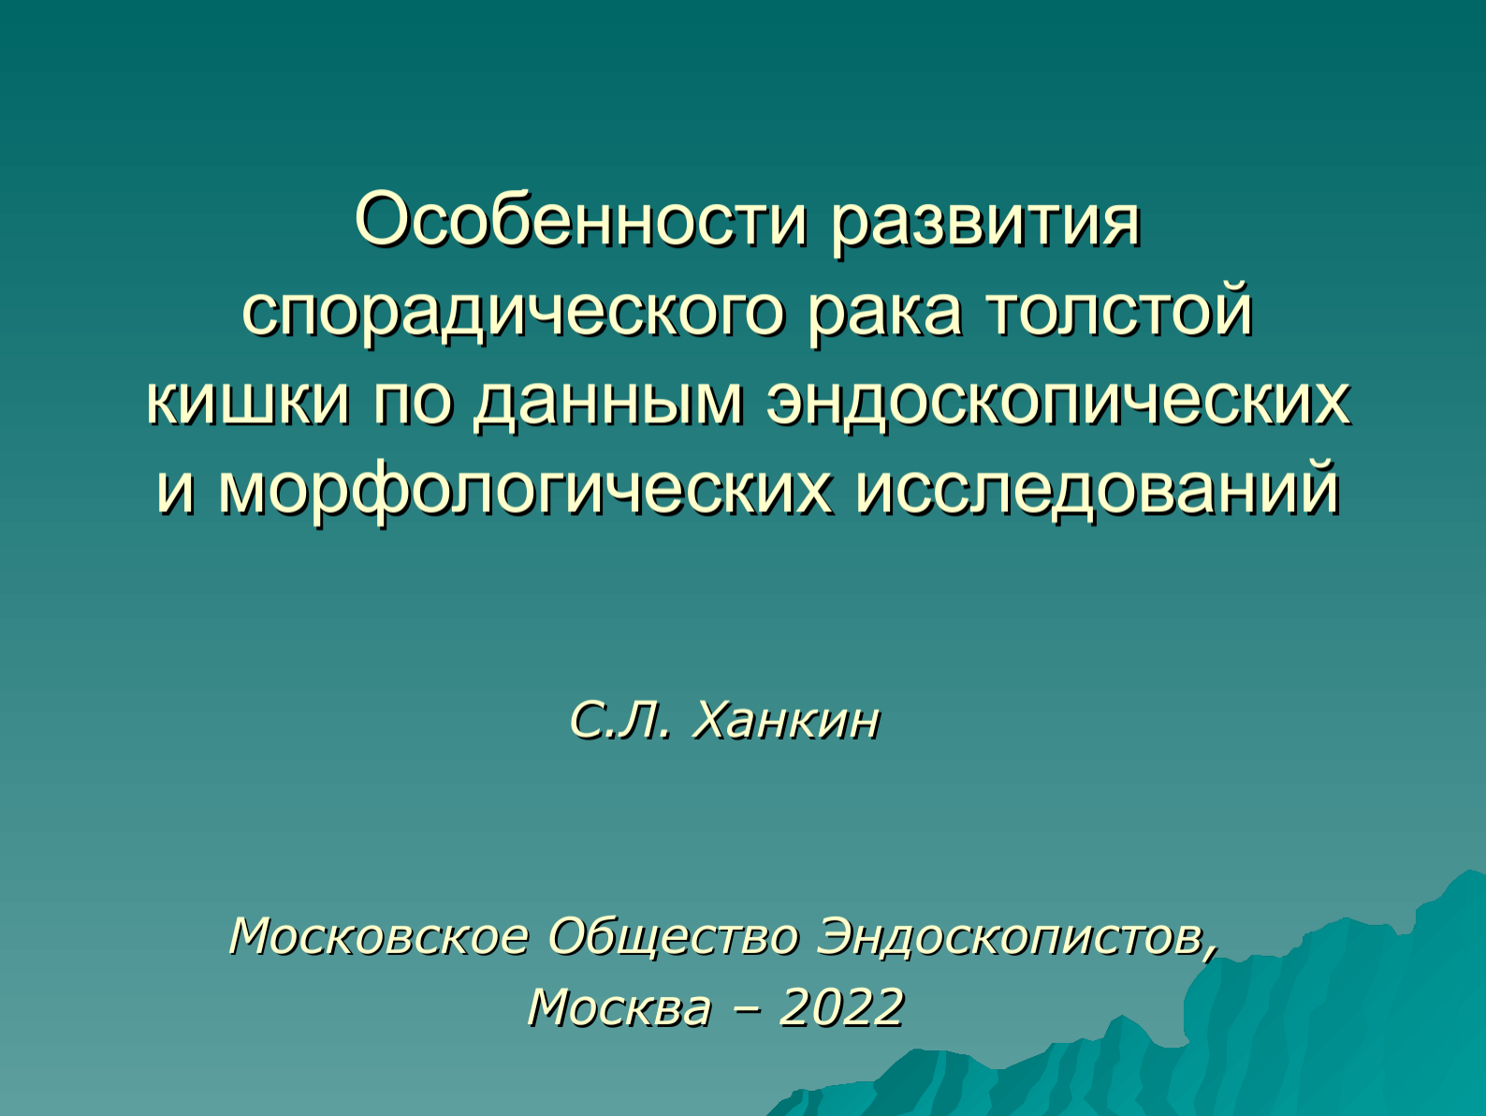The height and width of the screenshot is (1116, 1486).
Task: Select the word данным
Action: pyautogui.click(x=607, y=405)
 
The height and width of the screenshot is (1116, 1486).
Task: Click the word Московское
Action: pyautogui.click(x=378, y=937)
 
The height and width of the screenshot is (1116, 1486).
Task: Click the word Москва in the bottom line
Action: pyautogui.click(x=619, y=1007)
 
